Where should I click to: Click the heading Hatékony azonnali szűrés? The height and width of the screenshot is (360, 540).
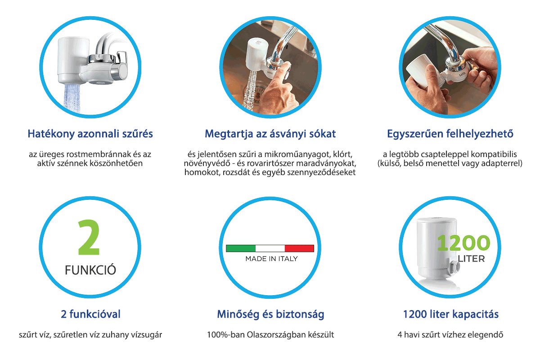click(90, 134)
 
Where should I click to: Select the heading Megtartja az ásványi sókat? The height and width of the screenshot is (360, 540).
click(270, 134)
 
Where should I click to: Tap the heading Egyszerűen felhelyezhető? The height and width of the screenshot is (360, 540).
click(450, 134)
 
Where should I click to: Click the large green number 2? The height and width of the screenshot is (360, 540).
click(89, 238)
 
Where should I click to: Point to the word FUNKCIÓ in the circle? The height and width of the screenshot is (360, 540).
click(90, 270)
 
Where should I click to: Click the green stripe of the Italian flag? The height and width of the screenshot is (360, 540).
click(241, 248)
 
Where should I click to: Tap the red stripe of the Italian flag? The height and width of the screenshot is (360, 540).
click(299, 248)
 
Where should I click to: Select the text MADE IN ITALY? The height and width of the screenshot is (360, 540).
click(271, 259)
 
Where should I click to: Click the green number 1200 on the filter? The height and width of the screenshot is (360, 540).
click(463, 243)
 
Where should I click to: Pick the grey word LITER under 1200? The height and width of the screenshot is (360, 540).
click(471, 259)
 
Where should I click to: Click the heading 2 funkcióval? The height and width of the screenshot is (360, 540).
click(90, 314)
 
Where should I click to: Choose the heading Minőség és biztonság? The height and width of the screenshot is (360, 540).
click(270, 315)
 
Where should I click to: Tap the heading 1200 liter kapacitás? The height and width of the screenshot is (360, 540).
click(451, 315)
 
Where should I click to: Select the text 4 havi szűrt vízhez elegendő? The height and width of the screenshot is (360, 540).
click(450, 335)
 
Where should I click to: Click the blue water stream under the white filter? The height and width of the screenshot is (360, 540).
click(72, 99)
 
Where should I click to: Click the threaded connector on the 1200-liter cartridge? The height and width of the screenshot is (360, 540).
click(454, 266)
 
